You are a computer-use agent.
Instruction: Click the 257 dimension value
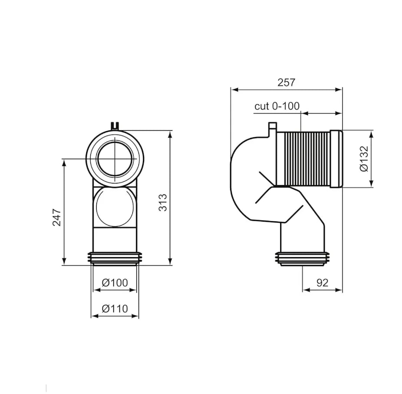286,83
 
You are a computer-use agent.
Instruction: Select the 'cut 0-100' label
277,106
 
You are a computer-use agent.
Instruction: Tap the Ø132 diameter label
364,159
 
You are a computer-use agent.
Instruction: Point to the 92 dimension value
322,283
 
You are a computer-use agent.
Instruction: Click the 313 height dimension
163,203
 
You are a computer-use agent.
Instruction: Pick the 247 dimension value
57,217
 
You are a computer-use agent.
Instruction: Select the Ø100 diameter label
115,283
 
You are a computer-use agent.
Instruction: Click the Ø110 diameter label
115,308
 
